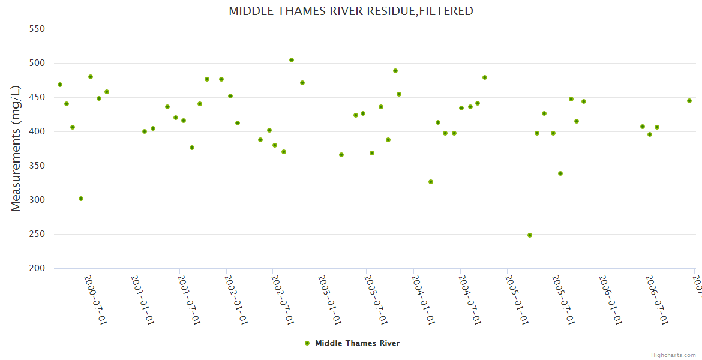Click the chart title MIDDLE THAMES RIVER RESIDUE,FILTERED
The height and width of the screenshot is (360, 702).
tap(351, 11)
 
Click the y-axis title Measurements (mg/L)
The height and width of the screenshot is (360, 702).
tap(16, 148)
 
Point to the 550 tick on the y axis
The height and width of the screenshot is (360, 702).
tap(37, 29)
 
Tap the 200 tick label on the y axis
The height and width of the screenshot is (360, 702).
tap(37, 268)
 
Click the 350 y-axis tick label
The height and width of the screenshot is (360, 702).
tap(37, 166)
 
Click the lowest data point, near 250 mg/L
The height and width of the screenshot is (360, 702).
tap(530, 235)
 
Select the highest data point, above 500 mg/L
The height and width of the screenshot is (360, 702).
tap(292, 60)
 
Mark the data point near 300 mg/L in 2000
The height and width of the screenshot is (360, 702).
tap(81, 199)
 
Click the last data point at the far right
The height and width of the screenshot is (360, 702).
tap(689, 101)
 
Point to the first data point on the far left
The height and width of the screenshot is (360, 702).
tap(60, 85)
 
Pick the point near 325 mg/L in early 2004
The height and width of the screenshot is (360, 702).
tap(431, 182)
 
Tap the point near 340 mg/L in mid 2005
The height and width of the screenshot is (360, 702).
tap(560, 173)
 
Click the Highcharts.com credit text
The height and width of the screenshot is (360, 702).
tap(673, 355)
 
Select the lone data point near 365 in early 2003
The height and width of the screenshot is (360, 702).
tap(341, 155)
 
